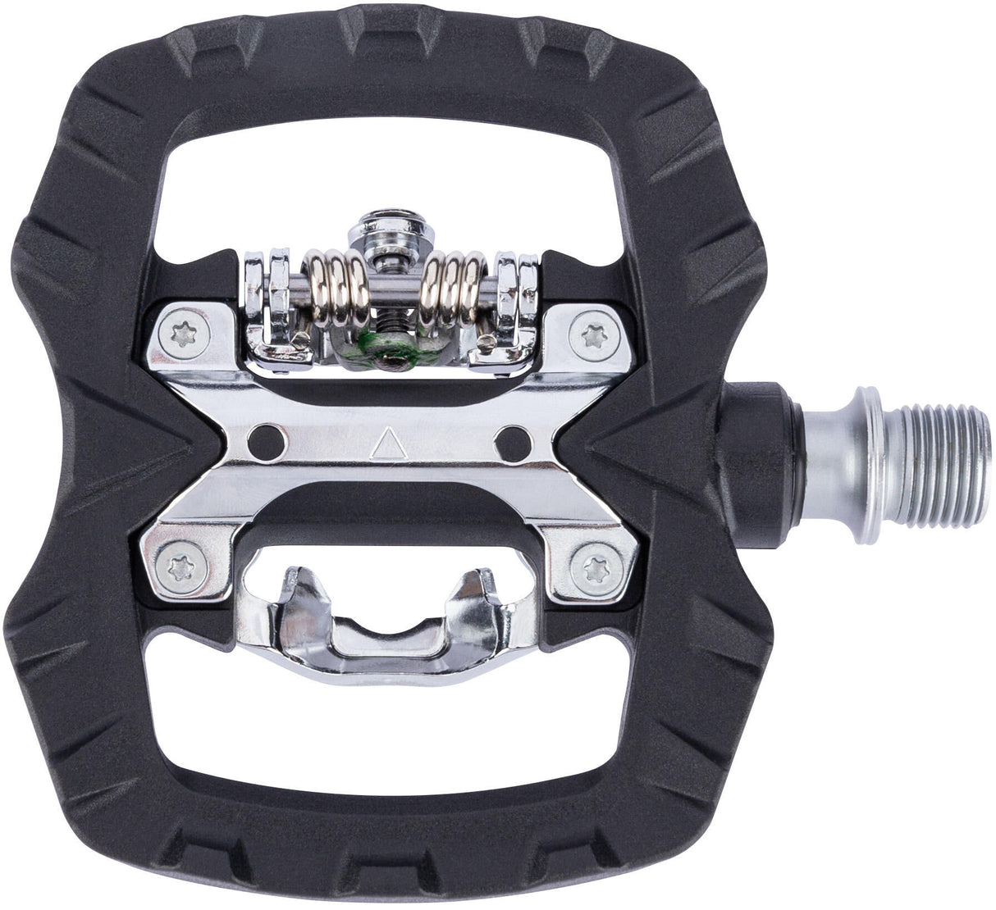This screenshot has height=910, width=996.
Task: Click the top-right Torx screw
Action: click(x=592, y=334)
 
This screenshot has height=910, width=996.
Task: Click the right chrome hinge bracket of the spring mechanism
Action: click(x=510, y=303)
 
